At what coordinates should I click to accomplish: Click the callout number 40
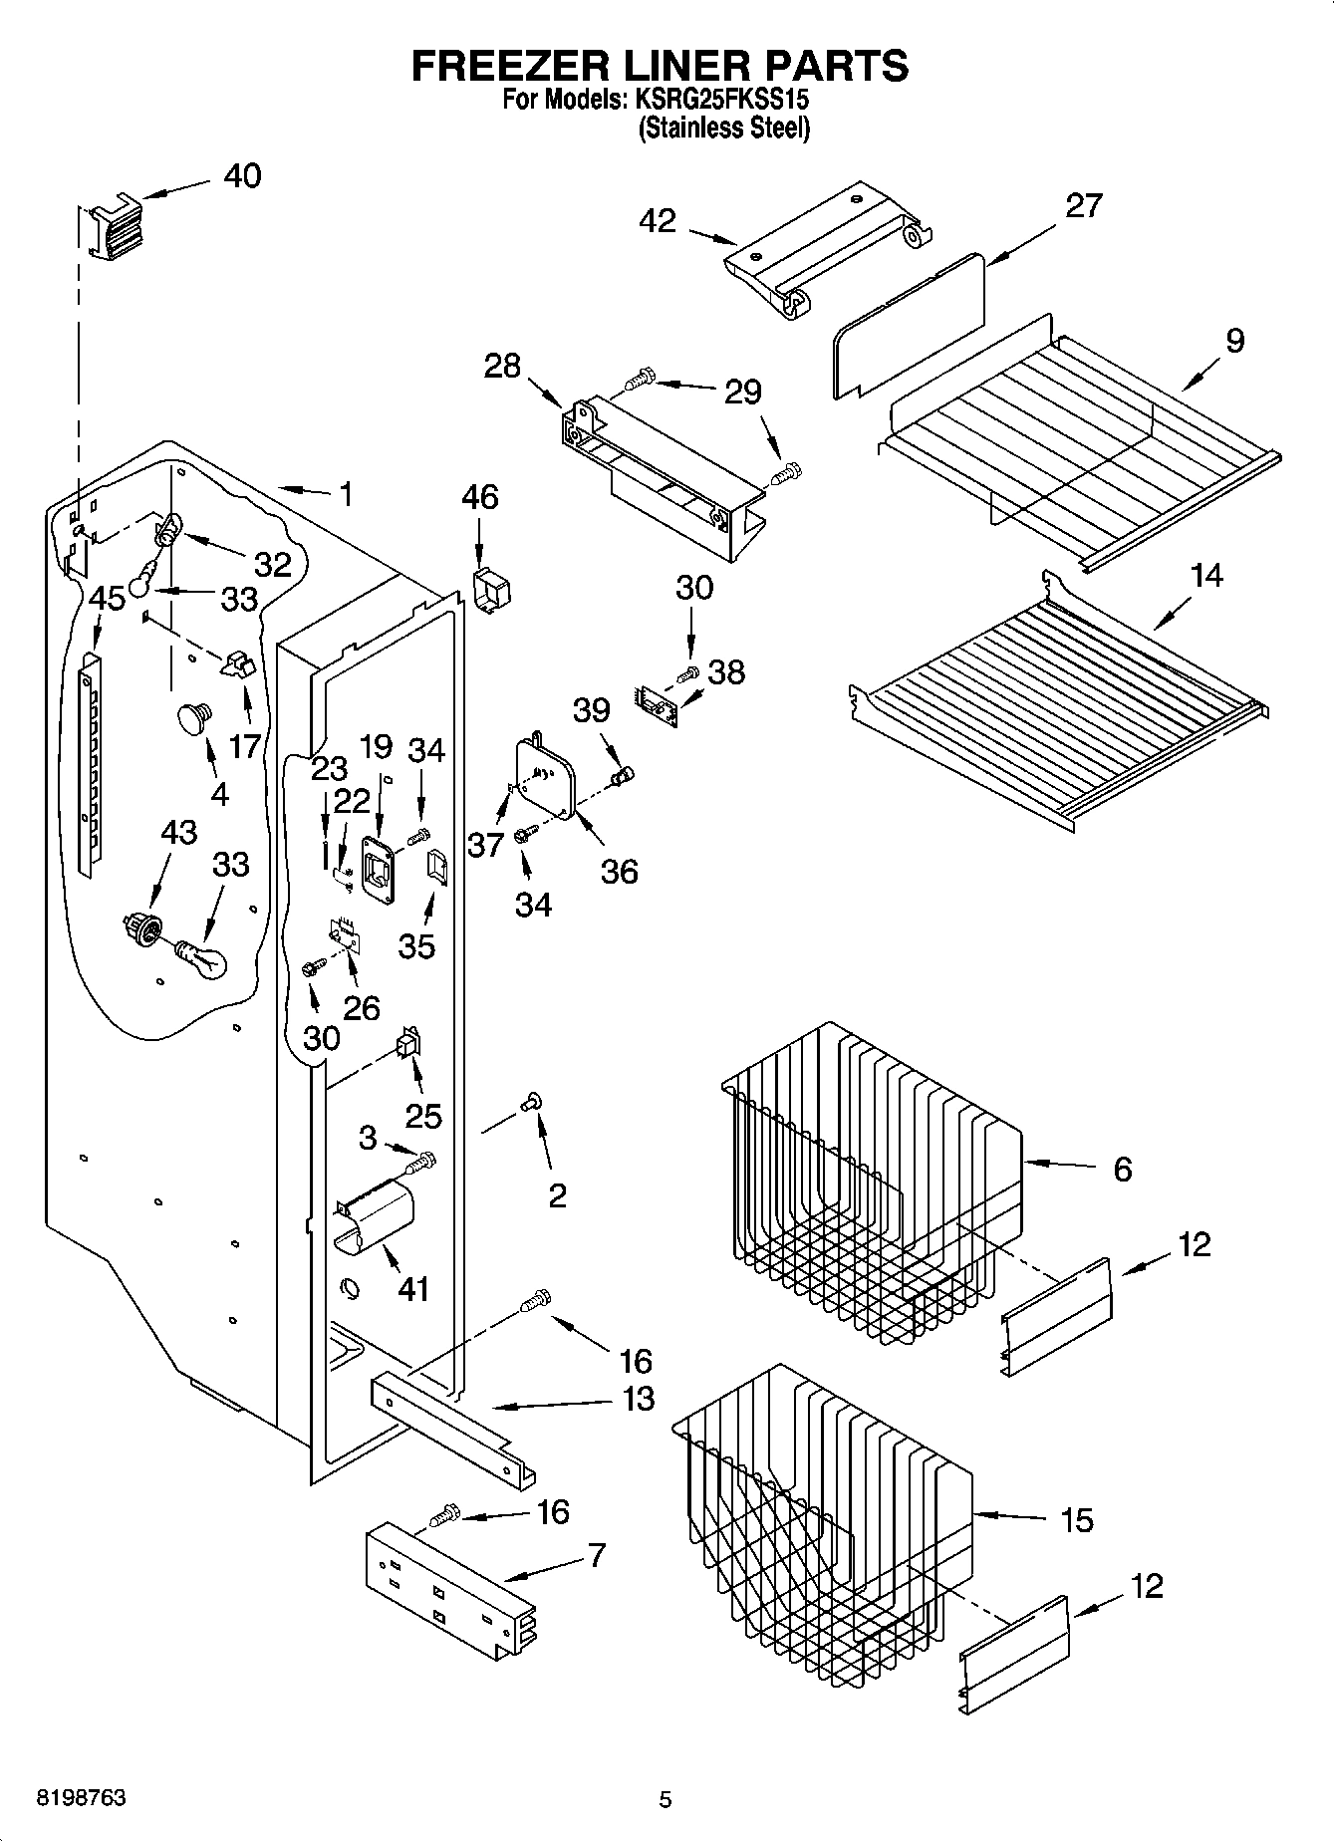click(x=242, y=175)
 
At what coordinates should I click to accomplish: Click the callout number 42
click(x=659, y=221)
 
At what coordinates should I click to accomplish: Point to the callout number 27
click(x=1084, y=205)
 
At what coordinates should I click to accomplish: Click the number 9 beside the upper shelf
click(x=1234, y=341)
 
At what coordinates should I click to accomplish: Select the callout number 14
click(x=1206, y=575)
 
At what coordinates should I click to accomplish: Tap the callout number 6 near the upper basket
click(x=1122, y=1169)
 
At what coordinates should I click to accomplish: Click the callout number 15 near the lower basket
click(x=1077, y=1520)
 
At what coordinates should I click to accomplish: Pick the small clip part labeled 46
click(x=490, y=590)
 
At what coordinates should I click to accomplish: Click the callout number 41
click(x=412, y=1288)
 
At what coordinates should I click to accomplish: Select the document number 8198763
click(x=81, y=1797)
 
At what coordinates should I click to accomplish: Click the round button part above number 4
click(x=194, y=716)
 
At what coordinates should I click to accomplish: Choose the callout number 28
click(x=502, y=366)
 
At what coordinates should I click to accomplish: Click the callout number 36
click(x=619, y=871)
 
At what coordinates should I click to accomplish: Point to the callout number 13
click(x=638, y=1398)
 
